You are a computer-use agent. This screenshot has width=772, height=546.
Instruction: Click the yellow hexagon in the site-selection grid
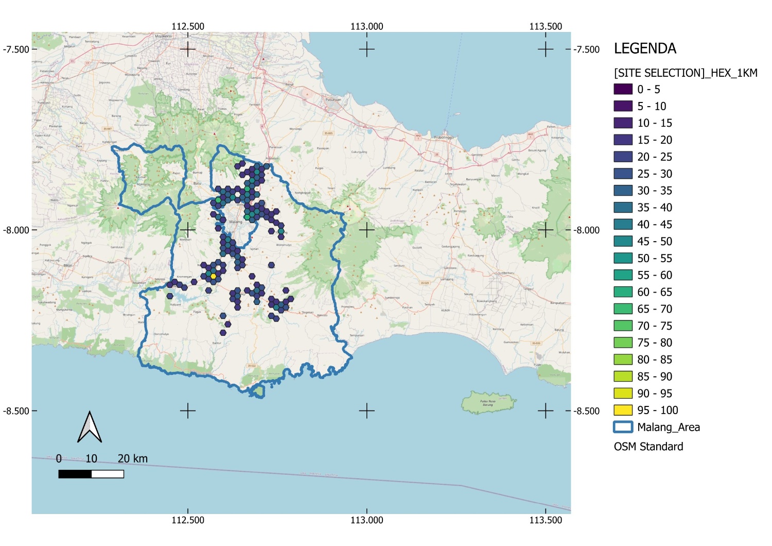pyautogui.click(x=214, y=276)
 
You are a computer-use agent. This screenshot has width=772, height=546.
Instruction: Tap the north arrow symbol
pyautogui.click(x=90, y=428)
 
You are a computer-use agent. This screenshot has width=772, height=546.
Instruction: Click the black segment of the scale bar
pyautogui.click(x=75, y=474)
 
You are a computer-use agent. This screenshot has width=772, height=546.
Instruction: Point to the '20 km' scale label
pyautogui.click(x=132, y=458)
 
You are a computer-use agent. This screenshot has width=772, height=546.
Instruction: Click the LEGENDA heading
pyautogui.click(x=645, y=49)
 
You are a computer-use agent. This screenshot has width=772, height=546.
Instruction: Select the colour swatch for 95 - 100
pyautogui.click(x=623, y=410)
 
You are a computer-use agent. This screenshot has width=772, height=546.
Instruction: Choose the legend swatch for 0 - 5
pyautogui.click(x=623, y=89)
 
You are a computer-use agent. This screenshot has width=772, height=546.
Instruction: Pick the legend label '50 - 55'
pyautogui.click(x=655, y=258)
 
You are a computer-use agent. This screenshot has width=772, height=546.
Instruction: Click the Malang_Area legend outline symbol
pyautogui.click(x=623, y=427)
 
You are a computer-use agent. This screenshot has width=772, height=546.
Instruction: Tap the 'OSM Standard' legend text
pyautogui.click(x=648, y=447)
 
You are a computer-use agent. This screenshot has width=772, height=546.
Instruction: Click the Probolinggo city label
pyautogui.click(x=443, y=138)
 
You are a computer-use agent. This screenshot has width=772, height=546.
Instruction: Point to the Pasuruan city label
pyautogui.click(x=333, y=99)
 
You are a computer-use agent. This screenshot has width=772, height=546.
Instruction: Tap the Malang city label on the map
pyautogui.click(x=235, y=222)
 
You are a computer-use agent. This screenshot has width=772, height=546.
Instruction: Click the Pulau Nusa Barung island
pyautogui.click(x=488, y=402)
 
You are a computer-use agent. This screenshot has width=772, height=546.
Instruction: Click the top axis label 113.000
pyautogui.click(x=366, y=26)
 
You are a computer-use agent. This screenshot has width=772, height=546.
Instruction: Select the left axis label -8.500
pyautogui.click(x=15, y=411)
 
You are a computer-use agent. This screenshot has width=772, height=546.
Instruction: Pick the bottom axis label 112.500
pyautogui.click(x=188, y=520)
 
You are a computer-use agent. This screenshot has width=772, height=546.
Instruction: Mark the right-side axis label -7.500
pyautogui.click(x=587, y=49)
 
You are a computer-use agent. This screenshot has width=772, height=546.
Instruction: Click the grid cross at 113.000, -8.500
pyautogui.click(x=366, y=411)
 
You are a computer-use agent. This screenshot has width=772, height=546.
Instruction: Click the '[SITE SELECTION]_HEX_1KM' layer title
pyautogui.click(x=686, y=73)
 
